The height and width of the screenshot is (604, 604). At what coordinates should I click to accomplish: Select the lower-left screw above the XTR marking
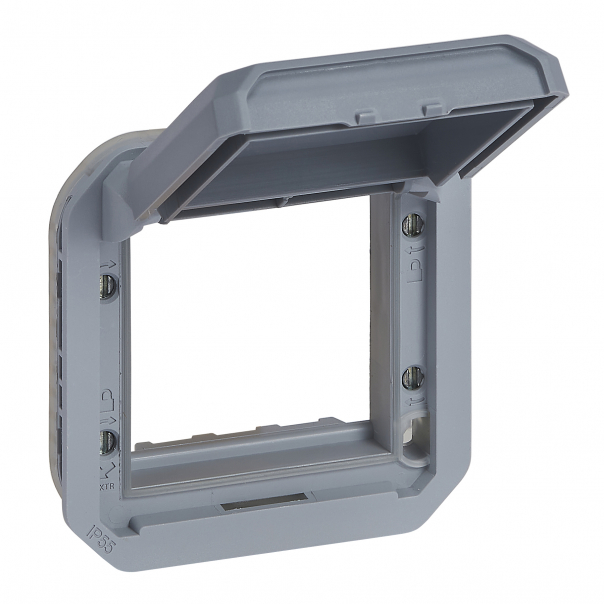point(107,440)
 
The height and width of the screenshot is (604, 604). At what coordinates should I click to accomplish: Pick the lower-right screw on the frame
point(409,377)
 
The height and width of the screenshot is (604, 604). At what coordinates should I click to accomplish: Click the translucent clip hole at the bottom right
point(410,442)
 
